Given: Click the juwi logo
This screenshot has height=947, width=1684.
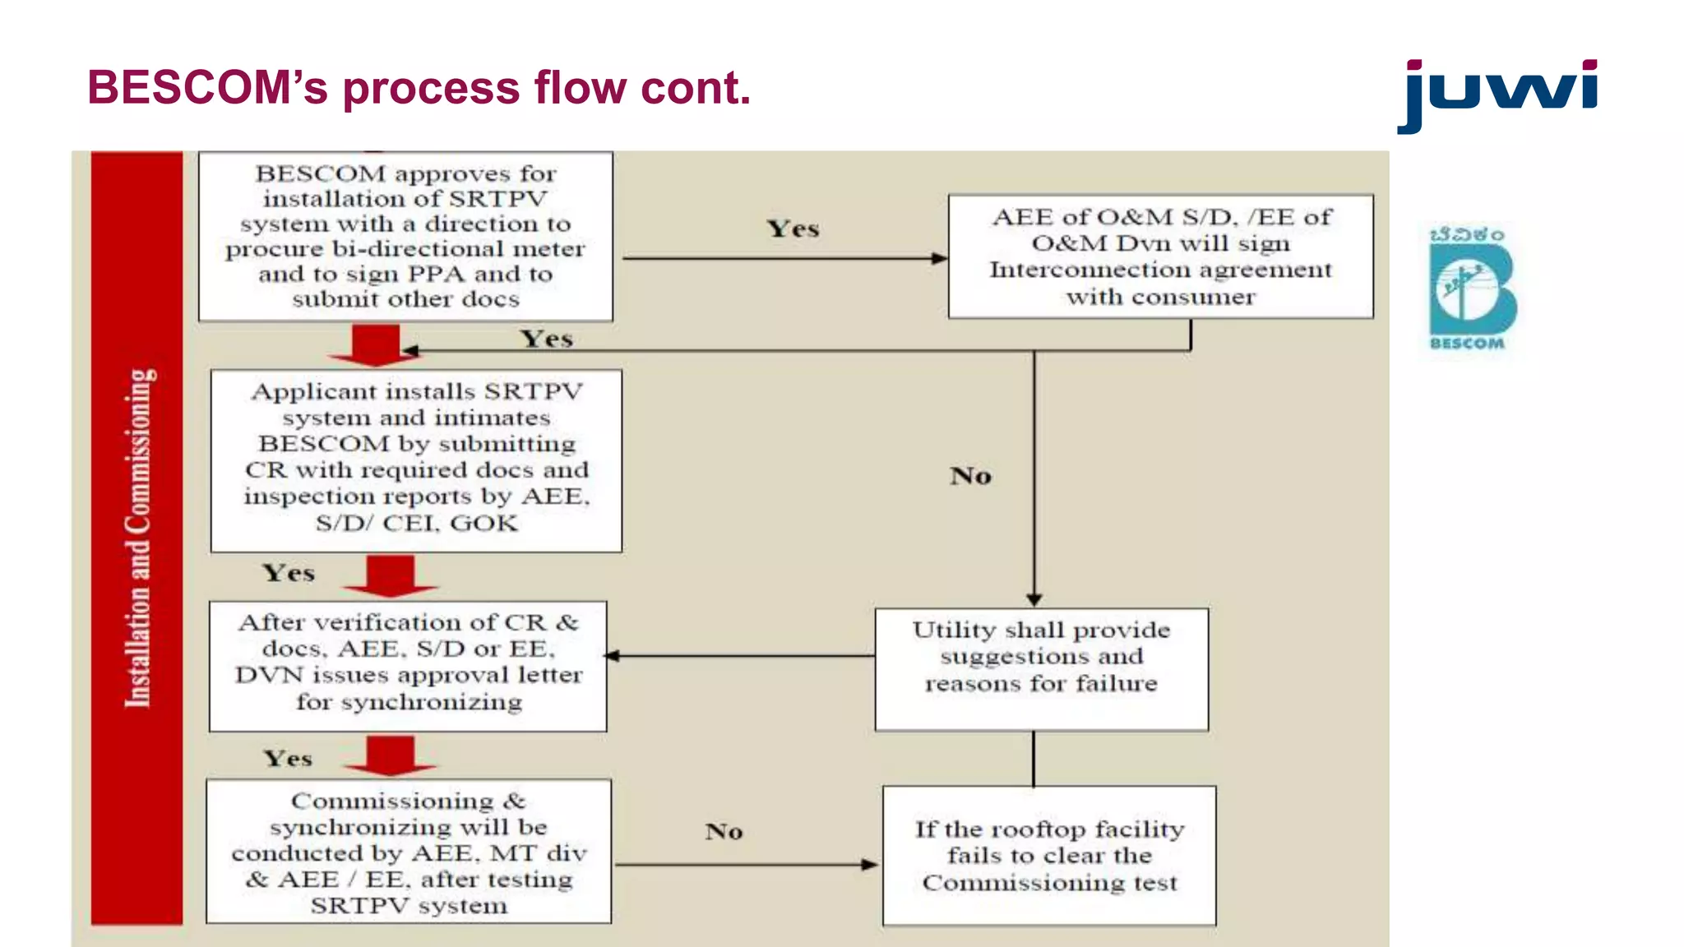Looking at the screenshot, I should pos(1497,95).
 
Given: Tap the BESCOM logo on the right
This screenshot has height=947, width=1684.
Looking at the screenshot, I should pos(1472,289).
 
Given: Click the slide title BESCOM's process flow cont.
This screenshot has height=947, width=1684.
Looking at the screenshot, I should pos(419,88).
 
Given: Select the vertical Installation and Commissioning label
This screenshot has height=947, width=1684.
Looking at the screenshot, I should pos(137,538).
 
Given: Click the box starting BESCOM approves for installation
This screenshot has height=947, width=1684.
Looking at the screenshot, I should pos(405,236).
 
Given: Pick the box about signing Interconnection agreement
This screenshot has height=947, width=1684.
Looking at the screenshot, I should pos(1160,256).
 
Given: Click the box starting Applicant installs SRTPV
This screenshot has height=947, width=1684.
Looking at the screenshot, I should pos(416,460).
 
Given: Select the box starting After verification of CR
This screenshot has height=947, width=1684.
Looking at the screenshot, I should pos(408,666).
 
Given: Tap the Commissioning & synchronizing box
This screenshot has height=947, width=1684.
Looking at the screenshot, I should pos(409,852).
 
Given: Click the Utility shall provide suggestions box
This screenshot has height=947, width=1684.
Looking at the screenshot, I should pos(1041,669).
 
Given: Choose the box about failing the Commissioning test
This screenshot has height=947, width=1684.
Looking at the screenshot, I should pos(1049,856).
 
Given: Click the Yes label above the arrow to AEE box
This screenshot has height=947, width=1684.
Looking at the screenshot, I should pos(793,229).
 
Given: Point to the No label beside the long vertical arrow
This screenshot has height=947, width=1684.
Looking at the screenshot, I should pos(970,476).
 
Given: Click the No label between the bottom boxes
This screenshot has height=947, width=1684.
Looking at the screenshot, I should pos(724,832).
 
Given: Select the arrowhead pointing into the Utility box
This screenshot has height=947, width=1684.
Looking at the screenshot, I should pos(1034,600).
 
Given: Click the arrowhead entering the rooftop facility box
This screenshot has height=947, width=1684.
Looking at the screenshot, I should pos(870,865).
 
